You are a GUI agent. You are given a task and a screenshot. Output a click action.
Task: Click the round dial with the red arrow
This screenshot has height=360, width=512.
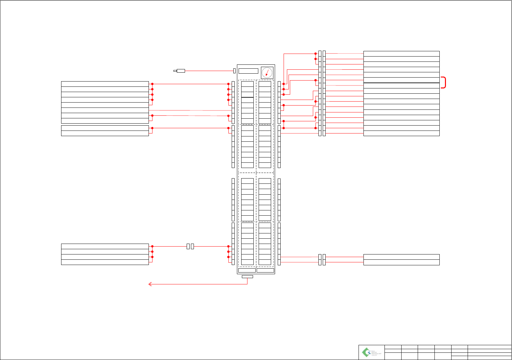(267, 73)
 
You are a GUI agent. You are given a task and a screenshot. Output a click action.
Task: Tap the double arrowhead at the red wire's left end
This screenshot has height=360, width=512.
(150, 284)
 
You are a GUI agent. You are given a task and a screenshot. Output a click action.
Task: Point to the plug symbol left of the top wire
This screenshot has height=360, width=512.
(180, 71)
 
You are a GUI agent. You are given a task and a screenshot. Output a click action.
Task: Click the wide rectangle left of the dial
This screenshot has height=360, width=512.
(248, 71)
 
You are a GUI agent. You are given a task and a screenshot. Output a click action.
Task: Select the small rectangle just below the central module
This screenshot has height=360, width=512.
(247, 276)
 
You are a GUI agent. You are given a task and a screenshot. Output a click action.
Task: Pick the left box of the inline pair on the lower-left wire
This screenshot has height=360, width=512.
(188, 246)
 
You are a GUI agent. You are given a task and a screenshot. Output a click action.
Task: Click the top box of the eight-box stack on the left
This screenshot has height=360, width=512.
(105, 84)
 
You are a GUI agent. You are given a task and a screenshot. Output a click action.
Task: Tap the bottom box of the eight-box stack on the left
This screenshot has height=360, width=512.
(105, 121)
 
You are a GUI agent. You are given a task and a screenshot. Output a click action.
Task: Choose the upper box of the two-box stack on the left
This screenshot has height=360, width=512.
(105, 128)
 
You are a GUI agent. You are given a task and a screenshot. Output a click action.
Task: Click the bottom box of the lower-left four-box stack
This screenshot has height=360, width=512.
(105, 262)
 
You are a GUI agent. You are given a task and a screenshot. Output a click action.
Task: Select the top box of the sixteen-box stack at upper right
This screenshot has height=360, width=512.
(401, 54)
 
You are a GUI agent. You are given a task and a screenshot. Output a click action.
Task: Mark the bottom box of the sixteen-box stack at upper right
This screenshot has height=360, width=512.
(401, 133)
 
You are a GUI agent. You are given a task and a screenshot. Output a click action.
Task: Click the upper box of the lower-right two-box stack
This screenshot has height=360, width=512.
(401, 257)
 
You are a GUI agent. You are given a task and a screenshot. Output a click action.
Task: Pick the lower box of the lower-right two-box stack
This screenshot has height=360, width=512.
(401, 262)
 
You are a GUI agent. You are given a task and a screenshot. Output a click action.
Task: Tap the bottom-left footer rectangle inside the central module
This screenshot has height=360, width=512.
(247, 270)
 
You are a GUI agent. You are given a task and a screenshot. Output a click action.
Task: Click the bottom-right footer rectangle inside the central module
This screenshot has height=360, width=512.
(265, 270)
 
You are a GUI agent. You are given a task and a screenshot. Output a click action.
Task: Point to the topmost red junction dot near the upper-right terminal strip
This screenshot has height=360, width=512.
(315, 54)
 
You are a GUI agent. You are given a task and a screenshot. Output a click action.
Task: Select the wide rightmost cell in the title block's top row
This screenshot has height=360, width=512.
(489, 347)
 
